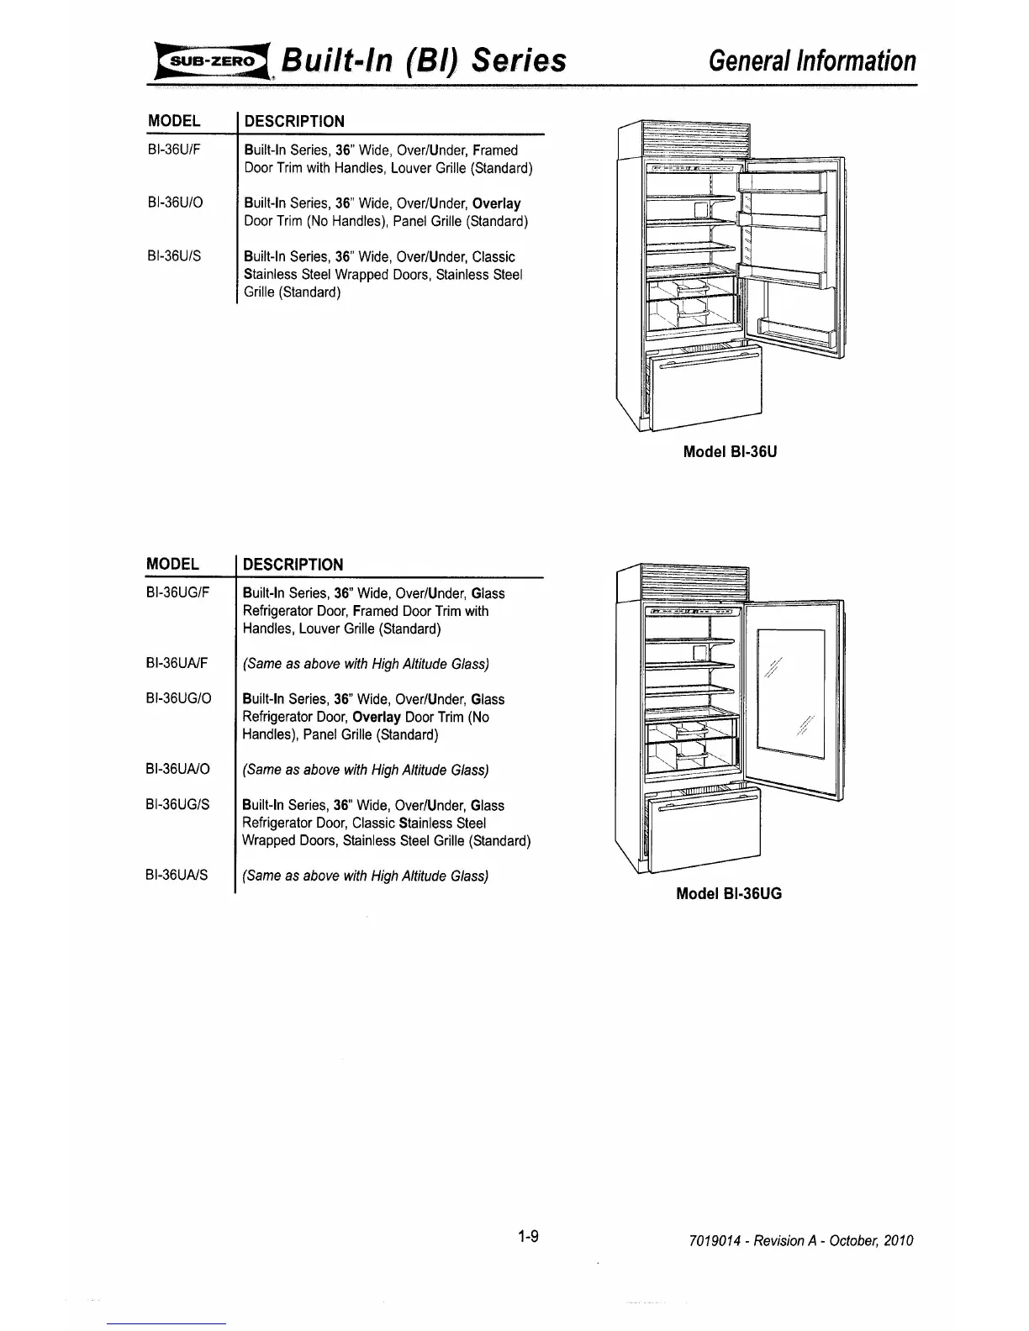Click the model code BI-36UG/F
[181, 593]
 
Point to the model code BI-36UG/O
[182, 699]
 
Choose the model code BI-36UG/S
[181, 805]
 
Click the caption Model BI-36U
[730, 452]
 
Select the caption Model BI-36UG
[730, 894]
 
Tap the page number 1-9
[529, 1237]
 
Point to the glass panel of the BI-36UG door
[790, 693]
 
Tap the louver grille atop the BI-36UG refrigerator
[694, 581]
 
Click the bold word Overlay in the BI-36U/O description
[497, 203]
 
